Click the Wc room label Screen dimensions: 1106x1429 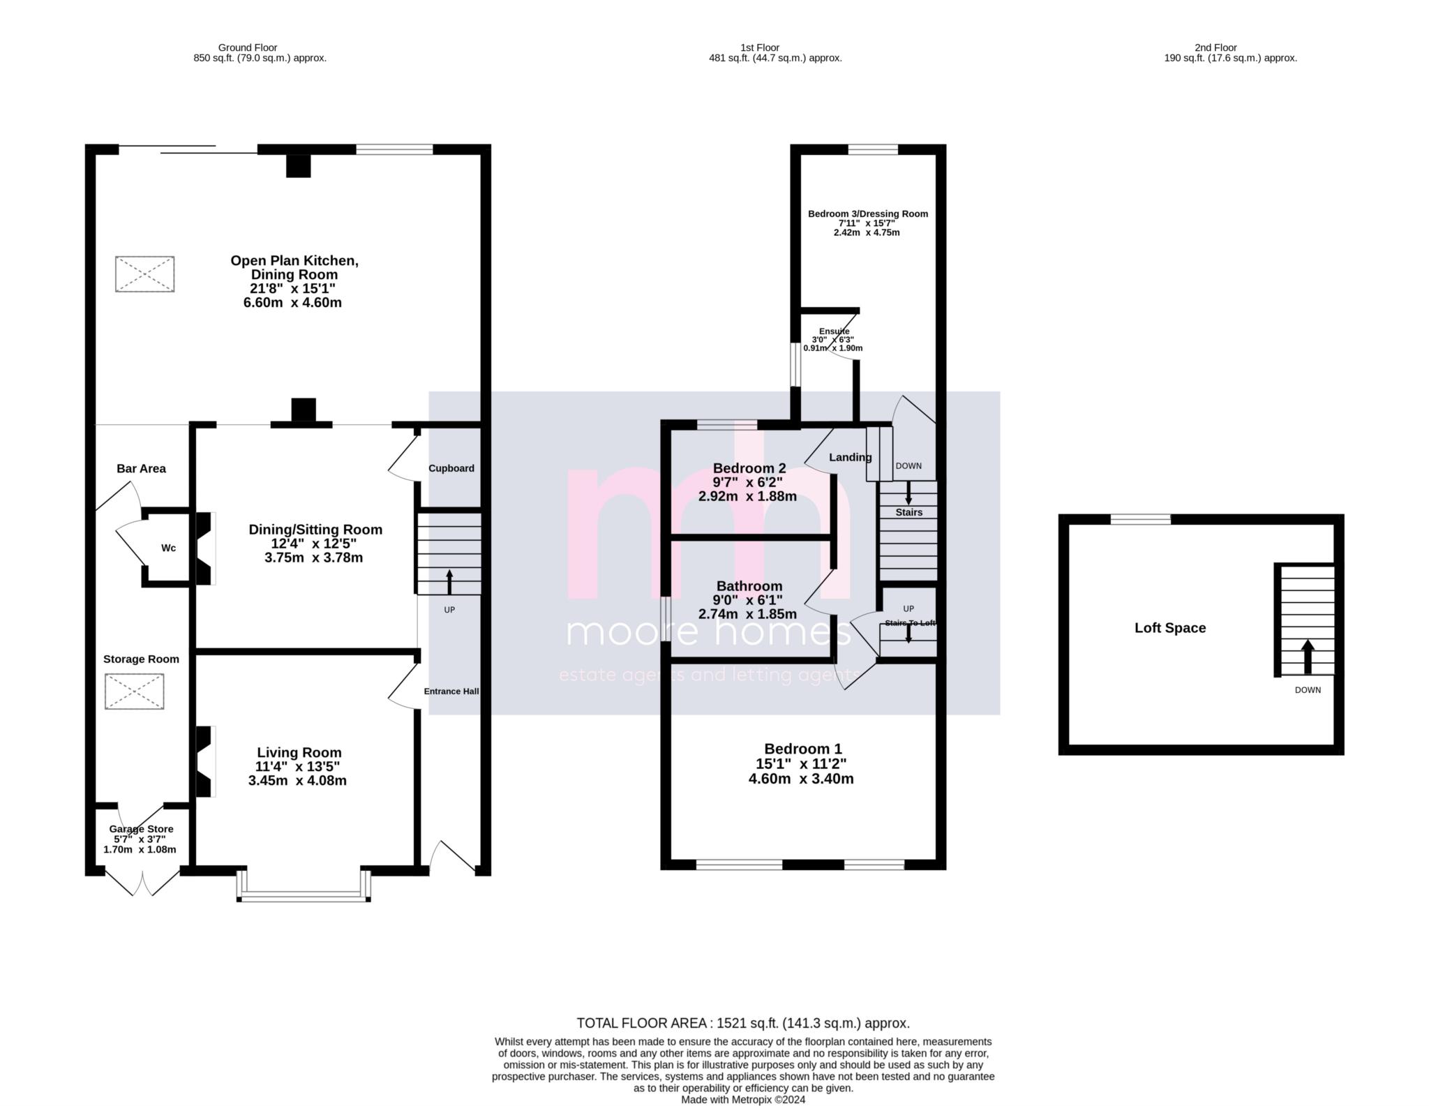tap(168, 548)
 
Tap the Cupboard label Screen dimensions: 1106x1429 tap(451, 468)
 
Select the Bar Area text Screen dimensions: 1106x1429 tap(141, 469)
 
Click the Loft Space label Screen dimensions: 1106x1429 tap(1169, 628)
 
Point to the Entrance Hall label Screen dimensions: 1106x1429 tap(451, 692)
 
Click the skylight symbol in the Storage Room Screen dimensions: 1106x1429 tap(134, 692)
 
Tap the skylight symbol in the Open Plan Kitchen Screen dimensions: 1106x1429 tap(144, 274)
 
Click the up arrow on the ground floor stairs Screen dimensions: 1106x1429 tap(449, 581)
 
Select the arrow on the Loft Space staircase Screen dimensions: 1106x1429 tap(1308, 657)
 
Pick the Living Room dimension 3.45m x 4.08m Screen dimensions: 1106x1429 tap(297, 781)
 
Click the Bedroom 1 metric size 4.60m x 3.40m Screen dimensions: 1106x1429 tap(800, 779)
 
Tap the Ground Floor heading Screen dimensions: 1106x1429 tap(248, 48)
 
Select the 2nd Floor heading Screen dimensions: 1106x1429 tap(1215, 48)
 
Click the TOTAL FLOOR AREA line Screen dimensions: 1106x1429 tap(742, 1023)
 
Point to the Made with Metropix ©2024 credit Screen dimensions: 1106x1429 tap(742, 1100)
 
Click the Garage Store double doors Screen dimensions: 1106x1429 tap(142, 883)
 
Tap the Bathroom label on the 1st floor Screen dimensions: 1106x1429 tap(749, 586)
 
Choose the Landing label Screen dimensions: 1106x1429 tap(850, 458)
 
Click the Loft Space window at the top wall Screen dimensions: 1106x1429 tap(1140, 519)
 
